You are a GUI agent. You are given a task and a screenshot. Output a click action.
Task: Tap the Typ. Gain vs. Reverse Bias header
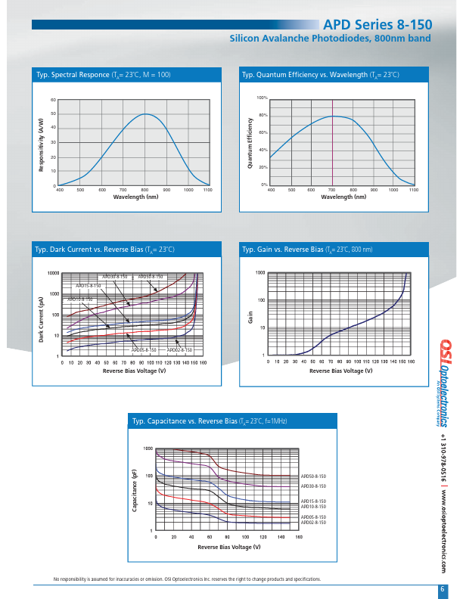[x=306, y=250]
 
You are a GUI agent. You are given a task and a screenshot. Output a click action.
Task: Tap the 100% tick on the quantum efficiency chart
[x=263, y=98]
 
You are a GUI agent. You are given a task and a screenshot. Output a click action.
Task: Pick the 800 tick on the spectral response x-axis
[x=144, y=191]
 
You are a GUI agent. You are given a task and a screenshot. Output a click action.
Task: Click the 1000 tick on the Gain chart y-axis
[x=260, y=272]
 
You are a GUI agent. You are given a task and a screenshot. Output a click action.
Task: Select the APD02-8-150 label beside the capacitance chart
[x=314, y=523]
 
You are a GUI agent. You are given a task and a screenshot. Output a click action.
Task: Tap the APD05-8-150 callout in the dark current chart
[x=144, y=350]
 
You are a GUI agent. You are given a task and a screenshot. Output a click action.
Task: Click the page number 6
[x=442, y=589]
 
